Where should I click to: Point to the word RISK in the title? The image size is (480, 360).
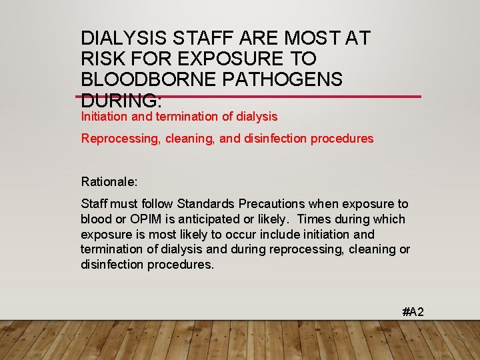click(103, 59)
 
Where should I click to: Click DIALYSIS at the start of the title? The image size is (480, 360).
click(123, 38)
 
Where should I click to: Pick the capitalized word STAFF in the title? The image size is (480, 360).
click(199, 38)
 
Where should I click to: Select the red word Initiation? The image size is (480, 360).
click(105, 117)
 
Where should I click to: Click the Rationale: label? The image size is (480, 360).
click(109, 181)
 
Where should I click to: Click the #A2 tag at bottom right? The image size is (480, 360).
click(413, 311)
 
